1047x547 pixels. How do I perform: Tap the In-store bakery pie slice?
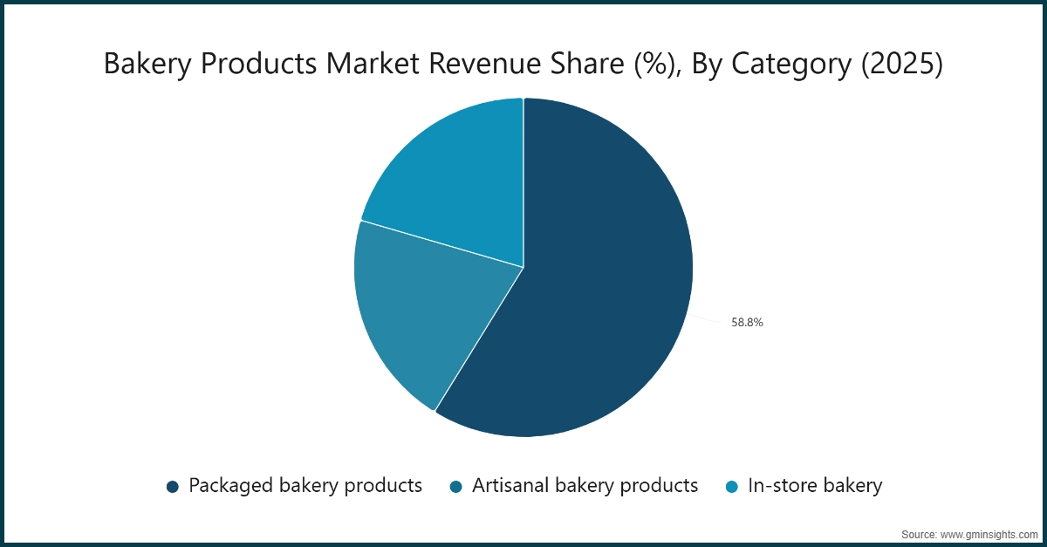454,183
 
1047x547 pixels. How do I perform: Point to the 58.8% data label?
747,323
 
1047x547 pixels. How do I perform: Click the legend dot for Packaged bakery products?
172,487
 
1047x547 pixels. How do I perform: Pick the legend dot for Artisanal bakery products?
455,487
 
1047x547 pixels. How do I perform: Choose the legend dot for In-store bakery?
731,487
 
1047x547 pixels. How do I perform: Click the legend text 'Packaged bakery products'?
305,486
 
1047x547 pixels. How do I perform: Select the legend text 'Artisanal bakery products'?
585,486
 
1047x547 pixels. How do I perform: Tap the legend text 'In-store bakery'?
815,486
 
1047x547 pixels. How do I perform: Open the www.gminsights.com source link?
984,533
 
